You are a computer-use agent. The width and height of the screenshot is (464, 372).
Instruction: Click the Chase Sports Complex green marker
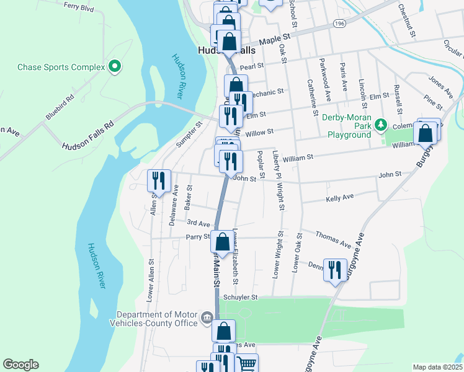coord(114,67)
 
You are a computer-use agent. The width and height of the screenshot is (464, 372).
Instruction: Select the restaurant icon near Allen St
coord(159,180)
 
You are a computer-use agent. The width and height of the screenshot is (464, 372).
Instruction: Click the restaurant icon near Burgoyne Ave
coord(335,269)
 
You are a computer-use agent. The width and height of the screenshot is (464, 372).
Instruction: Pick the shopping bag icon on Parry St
coord(223,242)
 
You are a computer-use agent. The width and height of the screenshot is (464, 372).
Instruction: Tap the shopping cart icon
coord(246,365)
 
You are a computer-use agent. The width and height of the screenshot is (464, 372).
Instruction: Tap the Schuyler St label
coord(241,298)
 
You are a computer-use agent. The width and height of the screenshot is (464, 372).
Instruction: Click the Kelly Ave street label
coord(339,197)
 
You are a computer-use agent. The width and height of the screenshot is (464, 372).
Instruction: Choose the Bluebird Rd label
coord(60,107)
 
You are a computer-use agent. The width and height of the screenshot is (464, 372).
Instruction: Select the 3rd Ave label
coord(199,223)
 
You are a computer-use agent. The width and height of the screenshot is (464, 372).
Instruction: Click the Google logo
coord(20,365)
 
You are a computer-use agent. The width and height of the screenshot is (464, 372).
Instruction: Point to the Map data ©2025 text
coord(437,367)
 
